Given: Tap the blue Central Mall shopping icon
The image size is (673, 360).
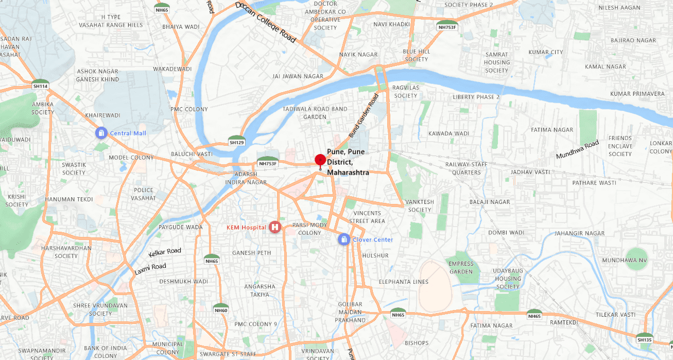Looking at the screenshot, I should (x=101, y=133).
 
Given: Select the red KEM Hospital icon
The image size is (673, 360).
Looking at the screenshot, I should (x=275, y=227).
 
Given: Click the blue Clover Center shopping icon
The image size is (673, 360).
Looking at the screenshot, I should (x=343, y=239).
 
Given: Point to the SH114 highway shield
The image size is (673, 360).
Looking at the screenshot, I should (x=40, y=85).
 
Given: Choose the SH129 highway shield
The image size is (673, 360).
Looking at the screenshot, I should (x=236, y=142).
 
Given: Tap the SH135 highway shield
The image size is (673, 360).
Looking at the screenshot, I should (x=644, y=339).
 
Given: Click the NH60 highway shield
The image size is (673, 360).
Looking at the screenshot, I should (x=221, y=310).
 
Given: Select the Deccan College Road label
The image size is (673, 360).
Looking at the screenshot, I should (x=266, y=22).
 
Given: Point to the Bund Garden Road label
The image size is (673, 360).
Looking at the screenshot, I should (x=364, y=115).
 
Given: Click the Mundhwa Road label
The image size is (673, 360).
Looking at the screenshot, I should (x=577, y=149).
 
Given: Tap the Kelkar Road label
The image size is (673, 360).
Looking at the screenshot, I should (x=165, y=252).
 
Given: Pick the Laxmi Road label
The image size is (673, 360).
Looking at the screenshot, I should (x=150, y=269).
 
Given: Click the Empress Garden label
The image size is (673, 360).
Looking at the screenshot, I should (x=461, y=268).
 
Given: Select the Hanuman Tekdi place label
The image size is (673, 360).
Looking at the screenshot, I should (x=68, y=199).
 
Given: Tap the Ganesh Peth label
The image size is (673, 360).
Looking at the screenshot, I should (x=251, y=253).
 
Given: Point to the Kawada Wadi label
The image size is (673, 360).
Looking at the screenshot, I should (x=448, y=133).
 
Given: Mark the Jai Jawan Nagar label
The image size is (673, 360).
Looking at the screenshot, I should (x=298, y=76).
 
